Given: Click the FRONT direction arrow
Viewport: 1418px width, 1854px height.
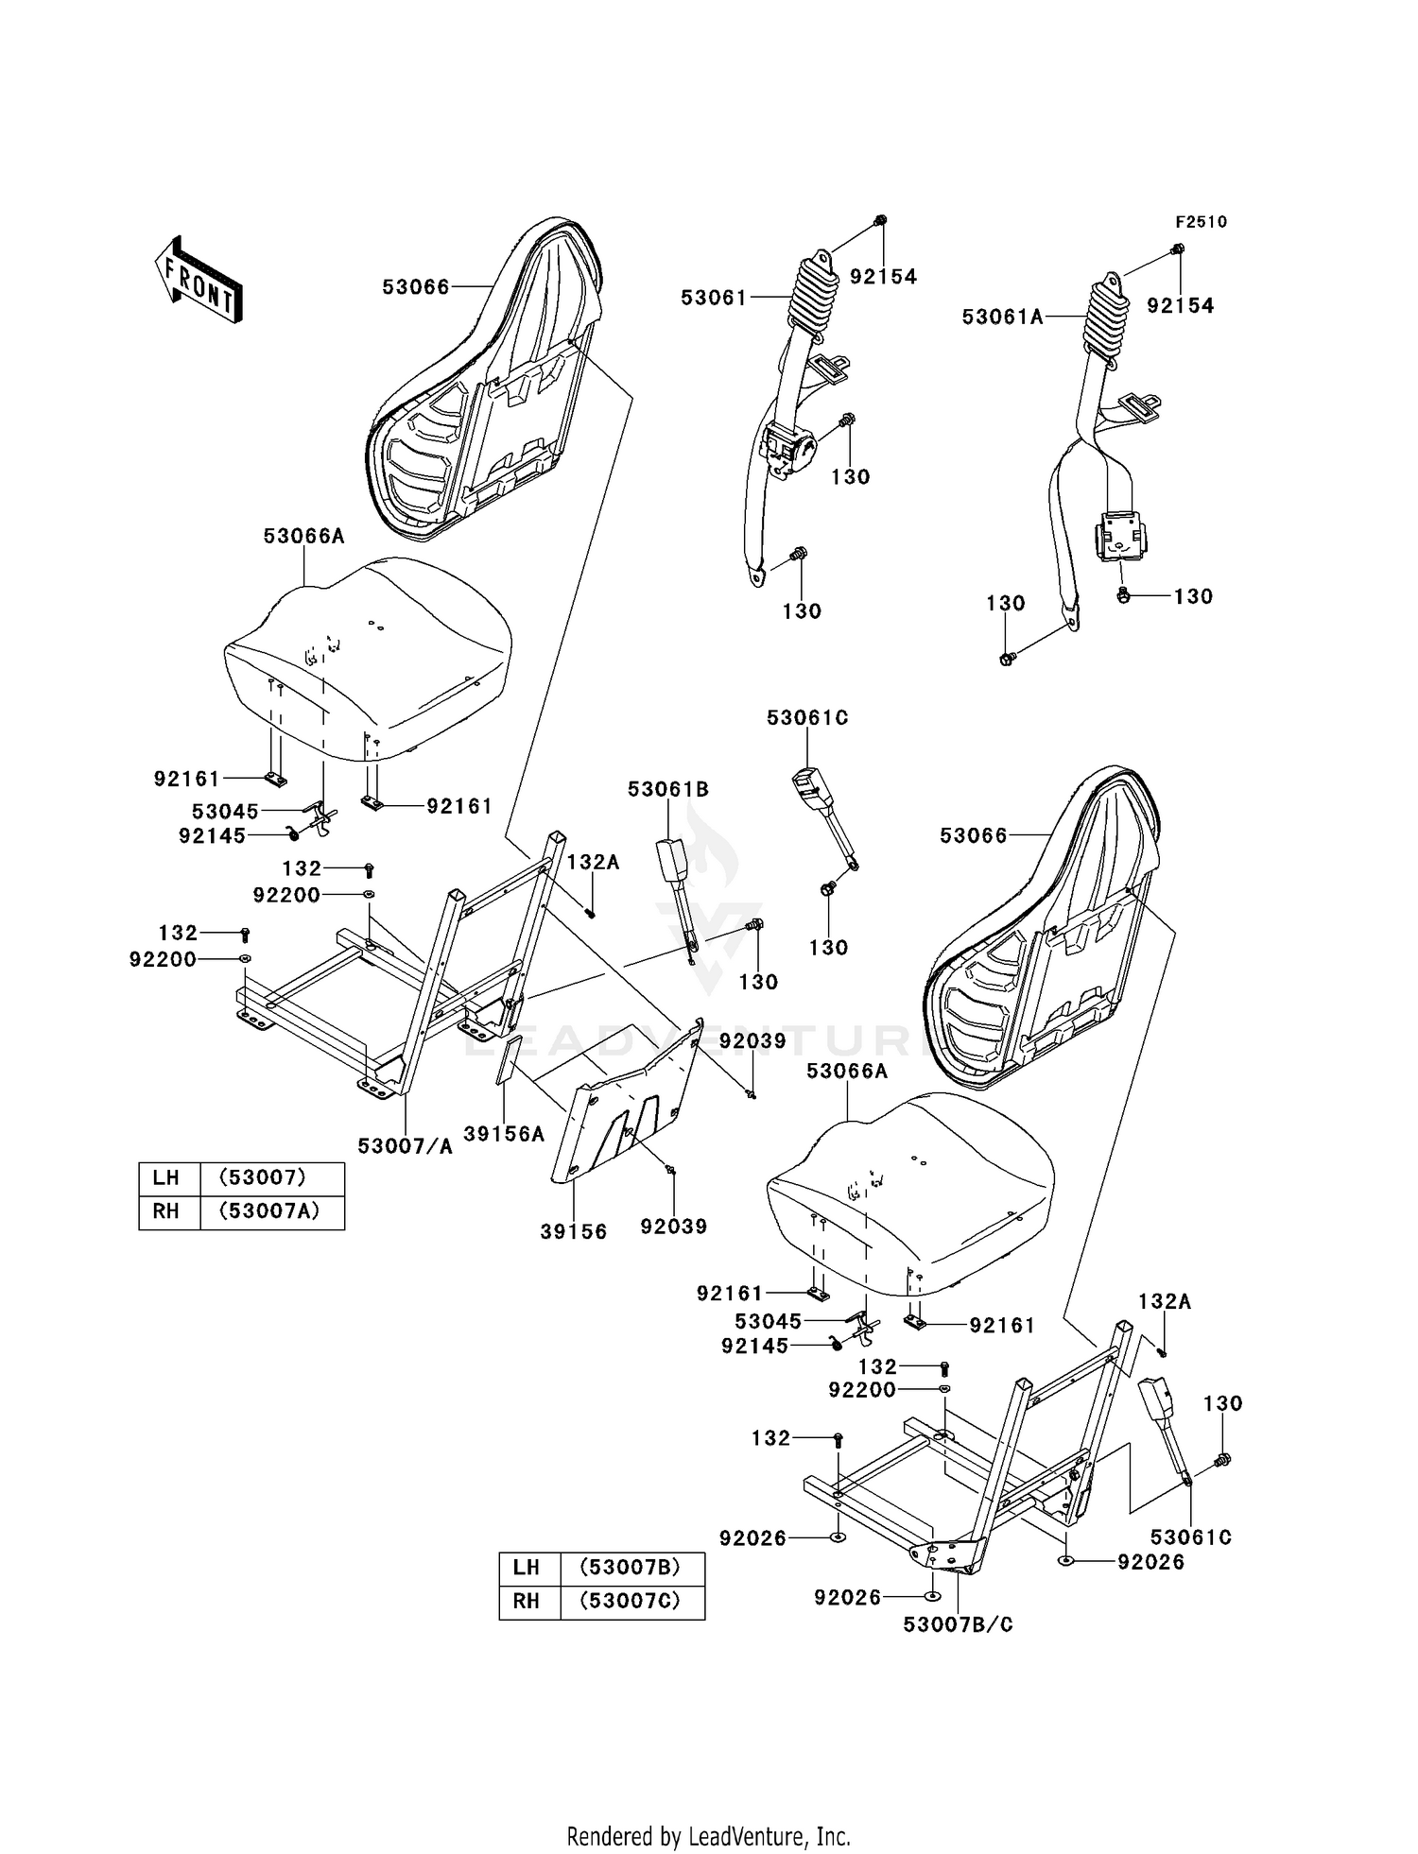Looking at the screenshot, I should tap(199, 280).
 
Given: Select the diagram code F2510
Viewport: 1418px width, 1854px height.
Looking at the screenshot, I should tap(1201, 222).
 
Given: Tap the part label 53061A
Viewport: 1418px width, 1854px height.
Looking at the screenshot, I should tap(1002, 318).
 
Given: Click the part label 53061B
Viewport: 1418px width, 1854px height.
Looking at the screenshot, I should tap(667, 790).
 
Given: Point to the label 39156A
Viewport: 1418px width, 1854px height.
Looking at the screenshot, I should tap(504, 1134).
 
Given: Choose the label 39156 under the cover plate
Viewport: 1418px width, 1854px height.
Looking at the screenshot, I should tap(574, 1232).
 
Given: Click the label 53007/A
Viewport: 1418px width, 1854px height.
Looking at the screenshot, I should tap(405, 1146).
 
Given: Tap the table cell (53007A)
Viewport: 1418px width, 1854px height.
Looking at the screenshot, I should tap(272, 1211).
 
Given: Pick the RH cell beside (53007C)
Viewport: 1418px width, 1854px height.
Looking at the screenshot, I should tap(527, 1601).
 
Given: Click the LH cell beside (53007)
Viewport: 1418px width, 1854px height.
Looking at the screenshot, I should tap(166, 1177).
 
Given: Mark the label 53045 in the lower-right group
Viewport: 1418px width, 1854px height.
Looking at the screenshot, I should tap(768, 1320).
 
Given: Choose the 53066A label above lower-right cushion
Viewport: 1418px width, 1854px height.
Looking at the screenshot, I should tap(847, 1072).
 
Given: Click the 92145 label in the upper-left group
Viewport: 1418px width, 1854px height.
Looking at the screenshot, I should tap(212, 835).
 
